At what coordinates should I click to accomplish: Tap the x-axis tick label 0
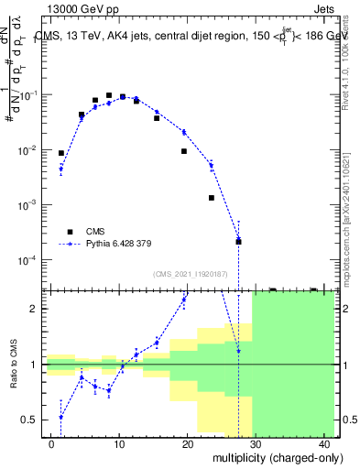(x=51, y=445)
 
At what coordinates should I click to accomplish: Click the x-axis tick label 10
(x=119, y=445)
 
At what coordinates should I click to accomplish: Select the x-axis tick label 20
(x=187, y=445)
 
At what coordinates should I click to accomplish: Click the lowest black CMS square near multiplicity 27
(x=238, y=242)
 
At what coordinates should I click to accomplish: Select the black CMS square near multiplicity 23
(x=211, y=198)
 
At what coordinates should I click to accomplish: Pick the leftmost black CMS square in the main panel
(x=61, y=154)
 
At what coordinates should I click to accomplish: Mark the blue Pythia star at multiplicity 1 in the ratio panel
(x=61, y=418)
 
